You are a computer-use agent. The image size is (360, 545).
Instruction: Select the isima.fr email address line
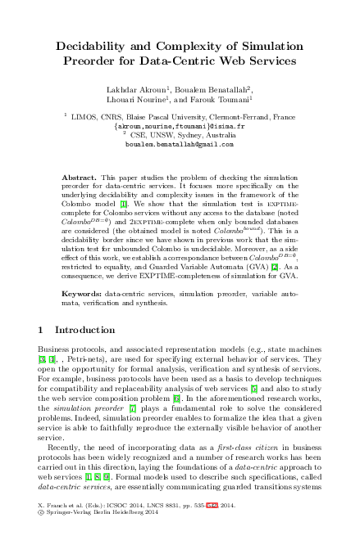[180, 127]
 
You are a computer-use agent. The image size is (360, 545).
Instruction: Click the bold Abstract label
[79, 178]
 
